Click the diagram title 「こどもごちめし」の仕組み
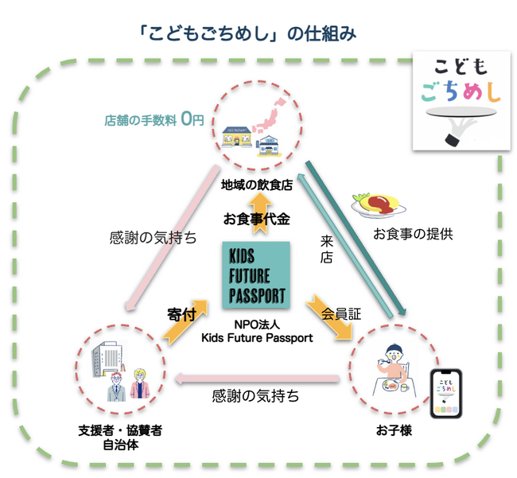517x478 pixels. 246,34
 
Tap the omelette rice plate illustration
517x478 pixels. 378,203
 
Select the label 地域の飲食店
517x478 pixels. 256,186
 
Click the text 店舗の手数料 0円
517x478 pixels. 154,120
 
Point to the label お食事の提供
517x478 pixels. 413,235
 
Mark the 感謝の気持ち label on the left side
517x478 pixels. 153,237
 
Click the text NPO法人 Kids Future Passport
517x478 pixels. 256,331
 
